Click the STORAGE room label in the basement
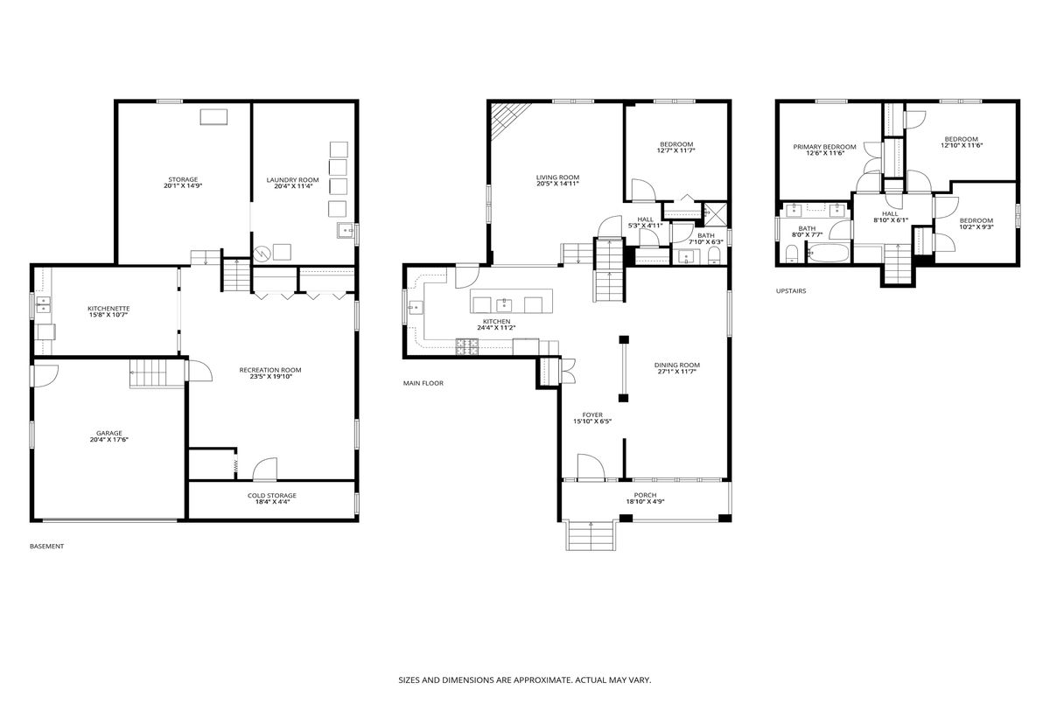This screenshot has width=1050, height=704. (183, 179)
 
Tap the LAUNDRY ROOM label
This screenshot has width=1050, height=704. (292, 180)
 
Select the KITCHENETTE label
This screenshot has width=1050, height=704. (108, 309)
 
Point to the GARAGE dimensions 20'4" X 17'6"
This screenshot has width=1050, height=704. (109, 440)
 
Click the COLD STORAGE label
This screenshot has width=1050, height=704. (272, 496)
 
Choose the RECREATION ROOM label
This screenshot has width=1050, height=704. (270, 370)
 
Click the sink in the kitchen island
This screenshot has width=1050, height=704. (504, 305)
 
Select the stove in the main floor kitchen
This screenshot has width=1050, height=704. (467, 346)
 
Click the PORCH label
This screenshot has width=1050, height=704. (646, 495)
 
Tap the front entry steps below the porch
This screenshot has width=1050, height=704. (591, 535)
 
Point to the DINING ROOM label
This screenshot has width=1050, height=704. (677, 365)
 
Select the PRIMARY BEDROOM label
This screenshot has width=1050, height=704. (824, 147)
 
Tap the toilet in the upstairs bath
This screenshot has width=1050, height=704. (791, 254)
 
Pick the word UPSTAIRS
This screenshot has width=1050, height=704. (791, 291)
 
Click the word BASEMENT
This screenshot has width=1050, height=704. (46, 547)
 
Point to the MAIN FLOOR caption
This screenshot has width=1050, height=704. (423, 383)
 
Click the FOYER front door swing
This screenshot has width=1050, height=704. (591, 468)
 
